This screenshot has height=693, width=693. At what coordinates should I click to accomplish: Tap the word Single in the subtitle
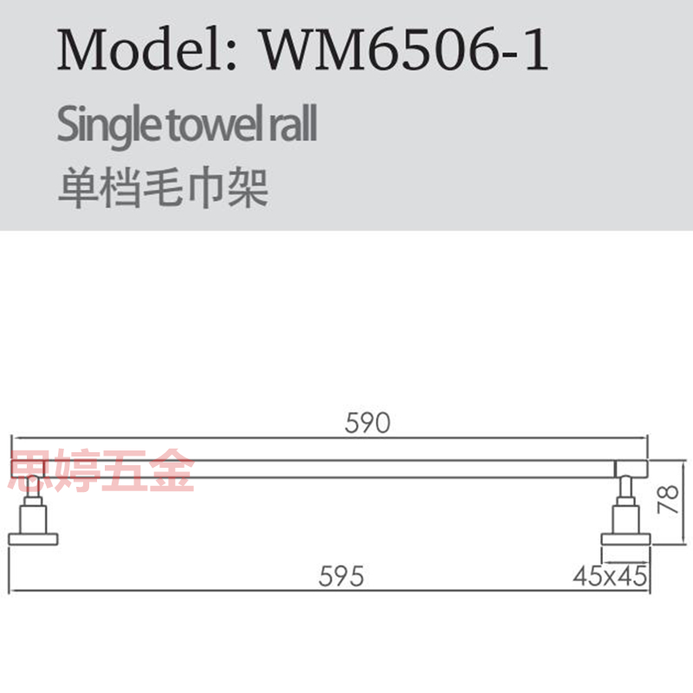point(96,126)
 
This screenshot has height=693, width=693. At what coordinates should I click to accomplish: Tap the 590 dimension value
point(368,424)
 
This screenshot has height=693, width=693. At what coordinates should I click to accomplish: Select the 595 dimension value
point(340,576)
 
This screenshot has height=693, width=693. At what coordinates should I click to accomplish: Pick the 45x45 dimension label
point(612,576)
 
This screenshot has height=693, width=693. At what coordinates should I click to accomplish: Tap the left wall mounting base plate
point(33,540)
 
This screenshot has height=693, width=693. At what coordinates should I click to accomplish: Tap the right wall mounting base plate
point(625,540)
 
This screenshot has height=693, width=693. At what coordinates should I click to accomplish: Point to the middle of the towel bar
point(329,469)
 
